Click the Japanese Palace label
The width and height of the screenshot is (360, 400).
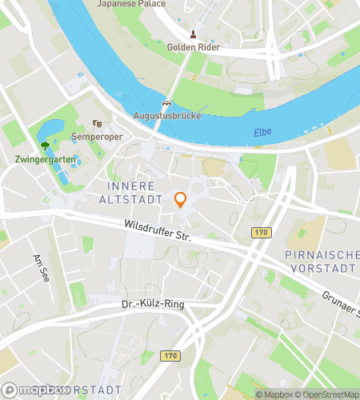(x=131, y=4)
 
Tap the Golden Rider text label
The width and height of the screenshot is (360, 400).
(x=193, y=47)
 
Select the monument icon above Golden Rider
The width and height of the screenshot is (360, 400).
(x=193, y=34)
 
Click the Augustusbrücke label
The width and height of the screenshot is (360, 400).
(x=166, y=116)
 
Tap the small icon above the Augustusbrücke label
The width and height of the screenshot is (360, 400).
(x=166, y=103)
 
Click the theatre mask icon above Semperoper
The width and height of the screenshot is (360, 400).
(x=97, y=123)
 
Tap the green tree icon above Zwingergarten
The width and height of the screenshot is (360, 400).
(x=44, y=146)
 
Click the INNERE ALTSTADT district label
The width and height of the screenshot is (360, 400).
(x=135, y=192)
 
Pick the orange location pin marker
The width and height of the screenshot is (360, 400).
(x=181, y=200)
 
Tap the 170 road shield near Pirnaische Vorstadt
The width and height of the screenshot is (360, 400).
(x=260, y=233)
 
